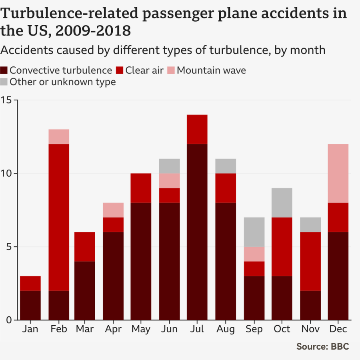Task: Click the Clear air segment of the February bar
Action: point(59,218)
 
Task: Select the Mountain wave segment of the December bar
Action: point(338,173)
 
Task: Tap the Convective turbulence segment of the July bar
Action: point(197,232)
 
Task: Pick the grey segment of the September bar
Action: point(254,232)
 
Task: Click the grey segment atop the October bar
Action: point(282,203)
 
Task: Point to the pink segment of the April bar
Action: point(114,210)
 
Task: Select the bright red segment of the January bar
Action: point(30,283)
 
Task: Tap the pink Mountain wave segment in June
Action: point(169,180)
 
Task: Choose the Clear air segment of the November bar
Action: point(310,261)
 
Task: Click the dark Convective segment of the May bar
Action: point(141,261)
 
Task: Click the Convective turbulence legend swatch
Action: point(5,71)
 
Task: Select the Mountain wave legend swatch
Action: point(172,71)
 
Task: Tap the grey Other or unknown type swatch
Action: point(5,82)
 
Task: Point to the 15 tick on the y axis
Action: point(8,100)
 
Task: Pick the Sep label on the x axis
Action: point(254,329)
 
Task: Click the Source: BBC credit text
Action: point(322,346)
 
